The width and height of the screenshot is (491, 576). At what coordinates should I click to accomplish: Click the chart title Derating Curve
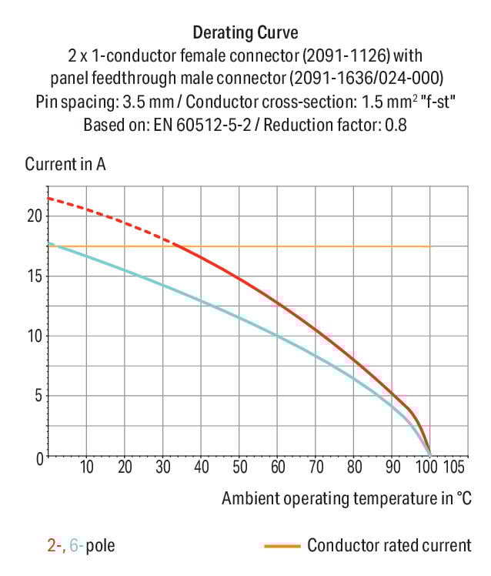tap(245, 33)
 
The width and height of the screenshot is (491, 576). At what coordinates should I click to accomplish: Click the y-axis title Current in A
tap(65, 164)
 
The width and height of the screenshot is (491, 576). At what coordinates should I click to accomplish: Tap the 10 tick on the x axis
tap(86, 467)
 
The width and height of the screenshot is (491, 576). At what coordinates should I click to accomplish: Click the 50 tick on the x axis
tap(239, 467)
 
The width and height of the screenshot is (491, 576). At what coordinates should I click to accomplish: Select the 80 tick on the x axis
tap(354, 467)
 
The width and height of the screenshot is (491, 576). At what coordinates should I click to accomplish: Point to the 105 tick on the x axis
tap(455, 467)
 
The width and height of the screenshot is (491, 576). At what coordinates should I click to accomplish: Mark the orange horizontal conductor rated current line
tap(308, 246)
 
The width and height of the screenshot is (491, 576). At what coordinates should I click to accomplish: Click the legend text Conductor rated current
tap(389, 546)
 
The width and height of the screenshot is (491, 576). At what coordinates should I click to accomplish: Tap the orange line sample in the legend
tap(281, 546)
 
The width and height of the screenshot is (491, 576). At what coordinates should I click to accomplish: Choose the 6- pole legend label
tap(76, 546)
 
